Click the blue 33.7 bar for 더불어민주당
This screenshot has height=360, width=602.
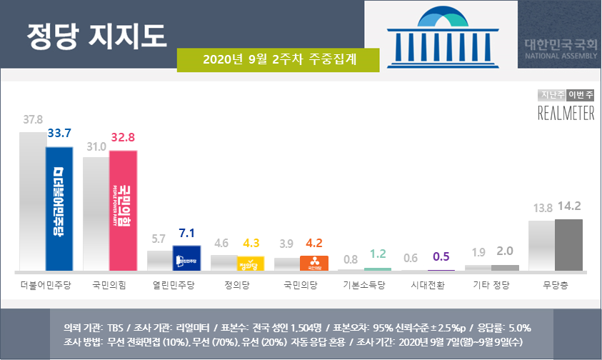pyautogui.click(x=59, y=209)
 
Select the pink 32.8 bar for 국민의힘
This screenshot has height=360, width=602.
pyautogui.click(x=123, y=211)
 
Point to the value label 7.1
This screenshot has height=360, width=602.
pyautogui.click(x=188, y=234)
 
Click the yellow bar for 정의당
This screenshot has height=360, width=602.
pyautogui.click(x=251, y=264)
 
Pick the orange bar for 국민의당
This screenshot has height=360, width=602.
pyautogui.click(x=314, y=264)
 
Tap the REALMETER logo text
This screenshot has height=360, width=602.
pyautogui.click(x=566, y=113)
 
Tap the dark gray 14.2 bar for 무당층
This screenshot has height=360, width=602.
pyautogui.click(x=568, y=245)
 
